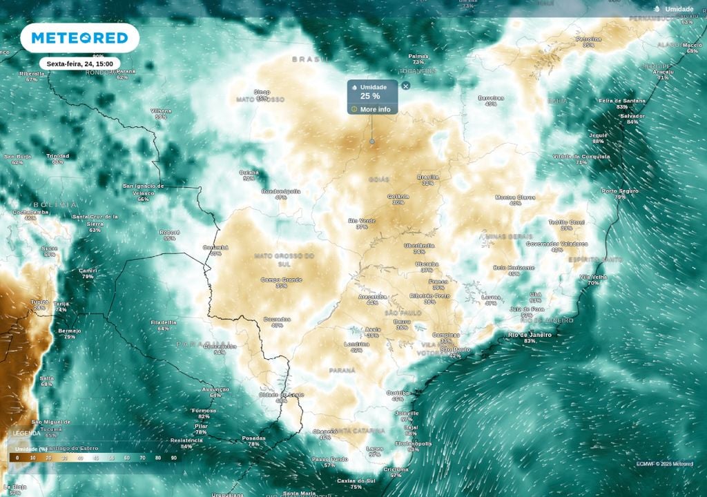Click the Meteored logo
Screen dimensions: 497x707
[79, 38]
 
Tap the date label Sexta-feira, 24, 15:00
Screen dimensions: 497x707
[79, 64]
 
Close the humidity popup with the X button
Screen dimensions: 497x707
[406, 86]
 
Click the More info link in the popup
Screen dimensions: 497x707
[374, 109]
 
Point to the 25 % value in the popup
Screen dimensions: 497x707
[370, 97]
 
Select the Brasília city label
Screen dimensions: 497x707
[428, 177]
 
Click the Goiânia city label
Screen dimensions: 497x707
[398, 197]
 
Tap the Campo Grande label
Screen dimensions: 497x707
[281, 280]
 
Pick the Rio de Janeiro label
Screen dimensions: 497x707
[530, 335]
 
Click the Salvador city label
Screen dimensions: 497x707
[632, 116]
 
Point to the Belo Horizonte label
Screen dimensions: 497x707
[514, 268]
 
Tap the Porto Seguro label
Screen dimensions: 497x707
[620, 191]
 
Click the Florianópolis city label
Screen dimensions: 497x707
[413, 443]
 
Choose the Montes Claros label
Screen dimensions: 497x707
[515, 197]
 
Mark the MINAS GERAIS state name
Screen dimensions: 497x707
[510, 236]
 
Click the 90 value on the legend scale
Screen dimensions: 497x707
[174, 457]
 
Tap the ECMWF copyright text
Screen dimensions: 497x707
[665, 464]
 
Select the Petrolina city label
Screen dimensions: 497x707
[588, 39]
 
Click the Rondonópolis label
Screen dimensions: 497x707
[281, 191]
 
